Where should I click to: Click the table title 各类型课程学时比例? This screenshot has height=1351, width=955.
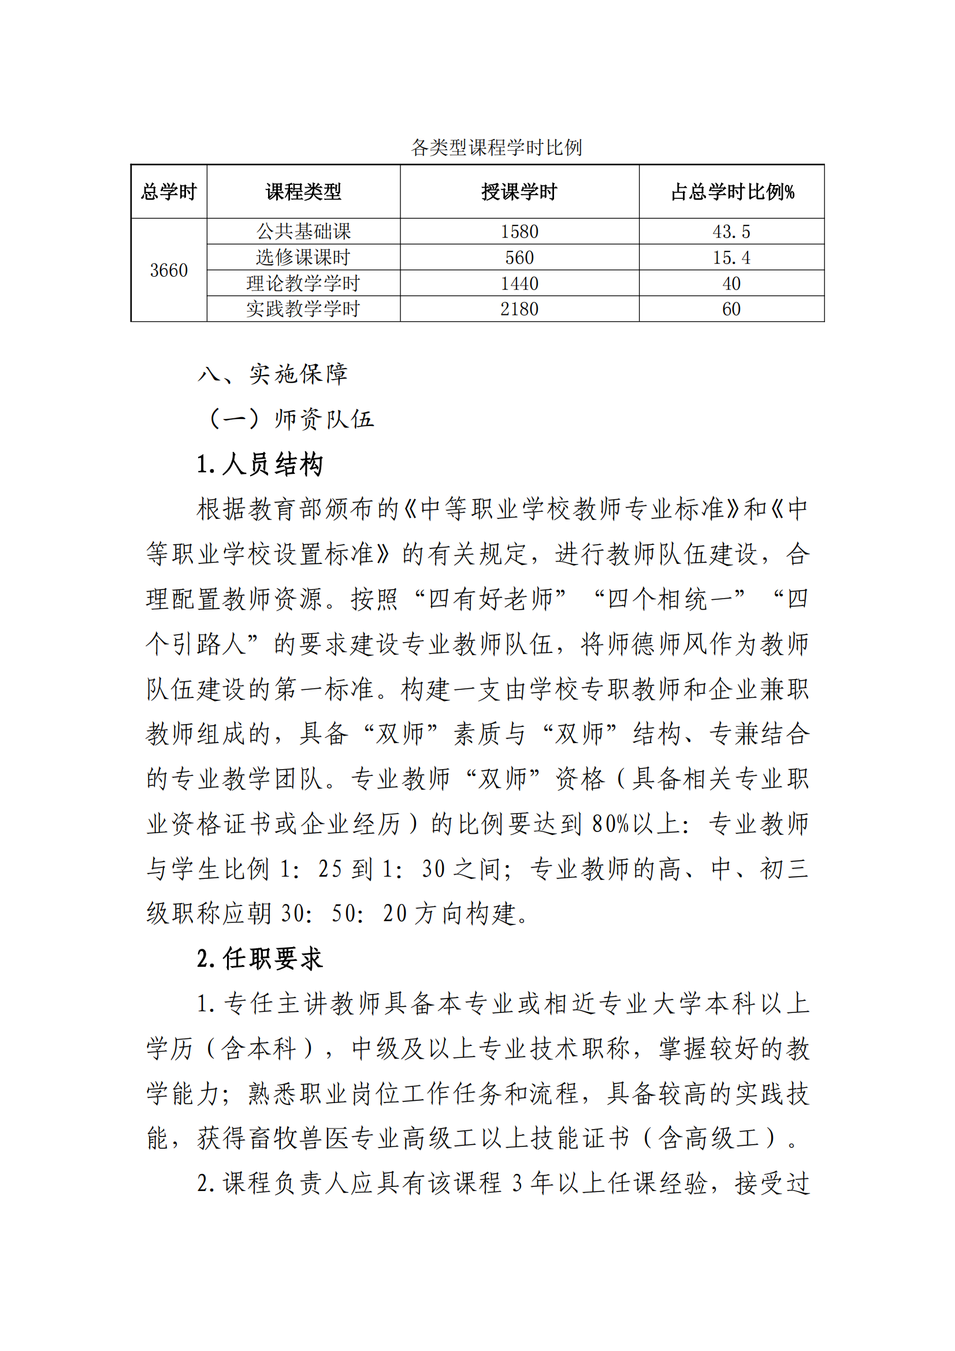click(x=496, y=147)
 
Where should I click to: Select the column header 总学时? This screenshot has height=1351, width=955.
click(x=169, y=192)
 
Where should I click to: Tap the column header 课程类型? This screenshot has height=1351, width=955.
click(x=303, y=192)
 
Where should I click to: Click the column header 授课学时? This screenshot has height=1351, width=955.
click(x=519, y=192)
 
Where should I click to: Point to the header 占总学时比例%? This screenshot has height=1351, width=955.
click(x=732, y=192)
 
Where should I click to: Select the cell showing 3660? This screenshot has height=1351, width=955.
click(x=169, y=270)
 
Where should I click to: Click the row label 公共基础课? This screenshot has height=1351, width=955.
click(x=303, y=231)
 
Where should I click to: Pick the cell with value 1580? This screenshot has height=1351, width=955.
click(x=519, y=231)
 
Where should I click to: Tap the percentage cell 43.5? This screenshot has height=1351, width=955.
click(x=731, y=231)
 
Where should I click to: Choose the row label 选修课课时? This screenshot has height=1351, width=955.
click(x=303, y=257)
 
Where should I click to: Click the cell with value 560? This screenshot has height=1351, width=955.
click(x=519, y=257)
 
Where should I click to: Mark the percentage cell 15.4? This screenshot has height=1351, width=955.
click(x=731, y=257)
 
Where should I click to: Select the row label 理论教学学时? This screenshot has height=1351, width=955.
click(x=303, y=283)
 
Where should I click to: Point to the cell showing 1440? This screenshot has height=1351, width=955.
click(x=519, y=283)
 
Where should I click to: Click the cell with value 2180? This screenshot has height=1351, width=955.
click(x=519, y=309)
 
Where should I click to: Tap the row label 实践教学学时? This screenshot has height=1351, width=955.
click(x=303, y=309)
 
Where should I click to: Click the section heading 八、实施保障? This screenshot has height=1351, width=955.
click(x=273, y=374)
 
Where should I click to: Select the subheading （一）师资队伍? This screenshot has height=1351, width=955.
click(x=290, y=419)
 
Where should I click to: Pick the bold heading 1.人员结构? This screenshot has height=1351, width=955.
click(x=259, y=464)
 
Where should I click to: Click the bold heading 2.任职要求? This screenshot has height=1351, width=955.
click(x=259, y=959)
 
